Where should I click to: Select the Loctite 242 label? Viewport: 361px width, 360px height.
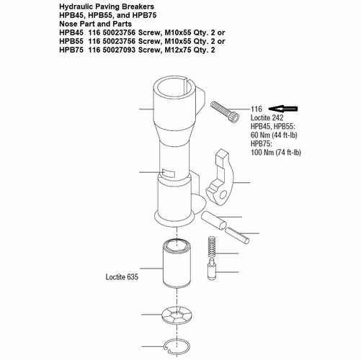click(269, 117)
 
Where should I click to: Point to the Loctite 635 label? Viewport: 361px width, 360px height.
click(121, 275)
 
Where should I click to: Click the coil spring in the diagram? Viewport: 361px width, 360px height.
click(211, 248)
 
